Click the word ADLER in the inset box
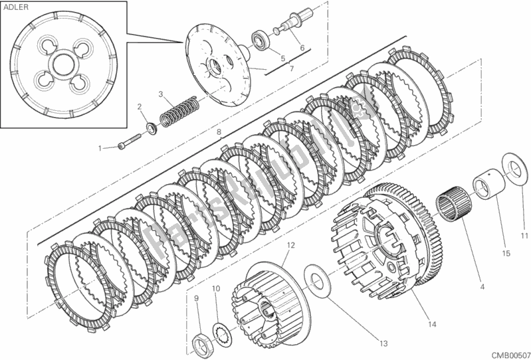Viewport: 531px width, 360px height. tap(16, 7)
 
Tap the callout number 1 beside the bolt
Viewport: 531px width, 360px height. tap(100, 148)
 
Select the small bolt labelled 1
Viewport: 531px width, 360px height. tap(130, 141)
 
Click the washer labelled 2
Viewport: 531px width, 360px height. tap(151, 128)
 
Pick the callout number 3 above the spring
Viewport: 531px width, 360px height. tap(161, 94)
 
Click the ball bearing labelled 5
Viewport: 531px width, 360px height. tap(262, 42)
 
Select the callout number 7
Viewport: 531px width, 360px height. tap(292, 68)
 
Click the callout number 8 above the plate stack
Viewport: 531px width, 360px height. tap(219, 132)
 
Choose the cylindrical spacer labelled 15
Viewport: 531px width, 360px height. tap(489, 186)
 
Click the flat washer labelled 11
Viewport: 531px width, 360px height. tap(514, 171)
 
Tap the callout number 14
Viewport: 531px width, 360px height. tap(432, 324)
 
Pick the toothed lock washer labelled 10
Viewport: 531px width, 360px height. tap(222, 335)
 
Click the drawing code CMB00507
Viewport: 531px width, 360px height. tap(511, 355)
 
